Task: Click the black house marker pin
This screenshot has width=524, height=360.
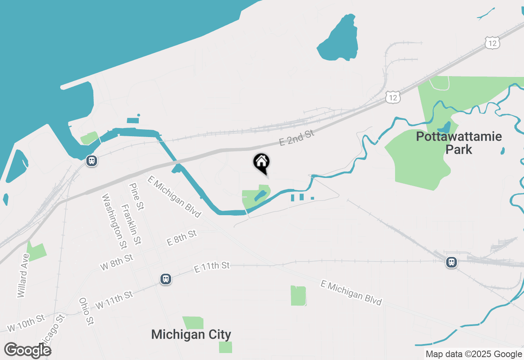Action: [261, 163]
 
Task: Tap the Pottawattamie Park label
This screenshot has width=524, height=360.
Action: [458, 143]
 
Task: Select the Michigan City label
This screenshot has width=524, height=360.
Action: [191, 334]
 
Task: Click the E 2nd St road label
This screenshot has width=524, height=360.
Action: [296, 137]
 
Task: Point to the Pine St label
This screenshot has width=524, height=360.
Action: [136, 196]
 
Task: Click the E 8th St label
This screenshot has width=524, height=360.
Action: [182, 238]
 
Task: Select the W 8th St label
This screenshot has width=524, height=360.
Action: [117, 262]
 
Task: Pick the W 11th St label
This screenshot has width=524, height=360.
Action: [114, 300]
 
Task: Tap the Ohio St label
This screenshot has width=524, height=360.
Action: [86, 311]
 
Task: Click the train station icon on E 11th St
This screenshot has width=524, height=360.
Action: [166, 279]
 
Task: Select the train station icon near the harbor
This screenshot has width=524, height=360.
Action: [91, 161]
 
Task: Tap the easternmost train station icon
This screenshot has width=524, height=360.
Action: [452, 262]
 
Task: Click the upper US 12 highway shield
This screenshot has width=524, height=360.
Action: [492, 43]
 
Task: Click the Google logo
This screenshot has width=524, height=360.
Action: [28, 350]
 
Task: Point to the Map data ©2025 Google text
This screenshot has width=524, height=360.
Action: [474, 354]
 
